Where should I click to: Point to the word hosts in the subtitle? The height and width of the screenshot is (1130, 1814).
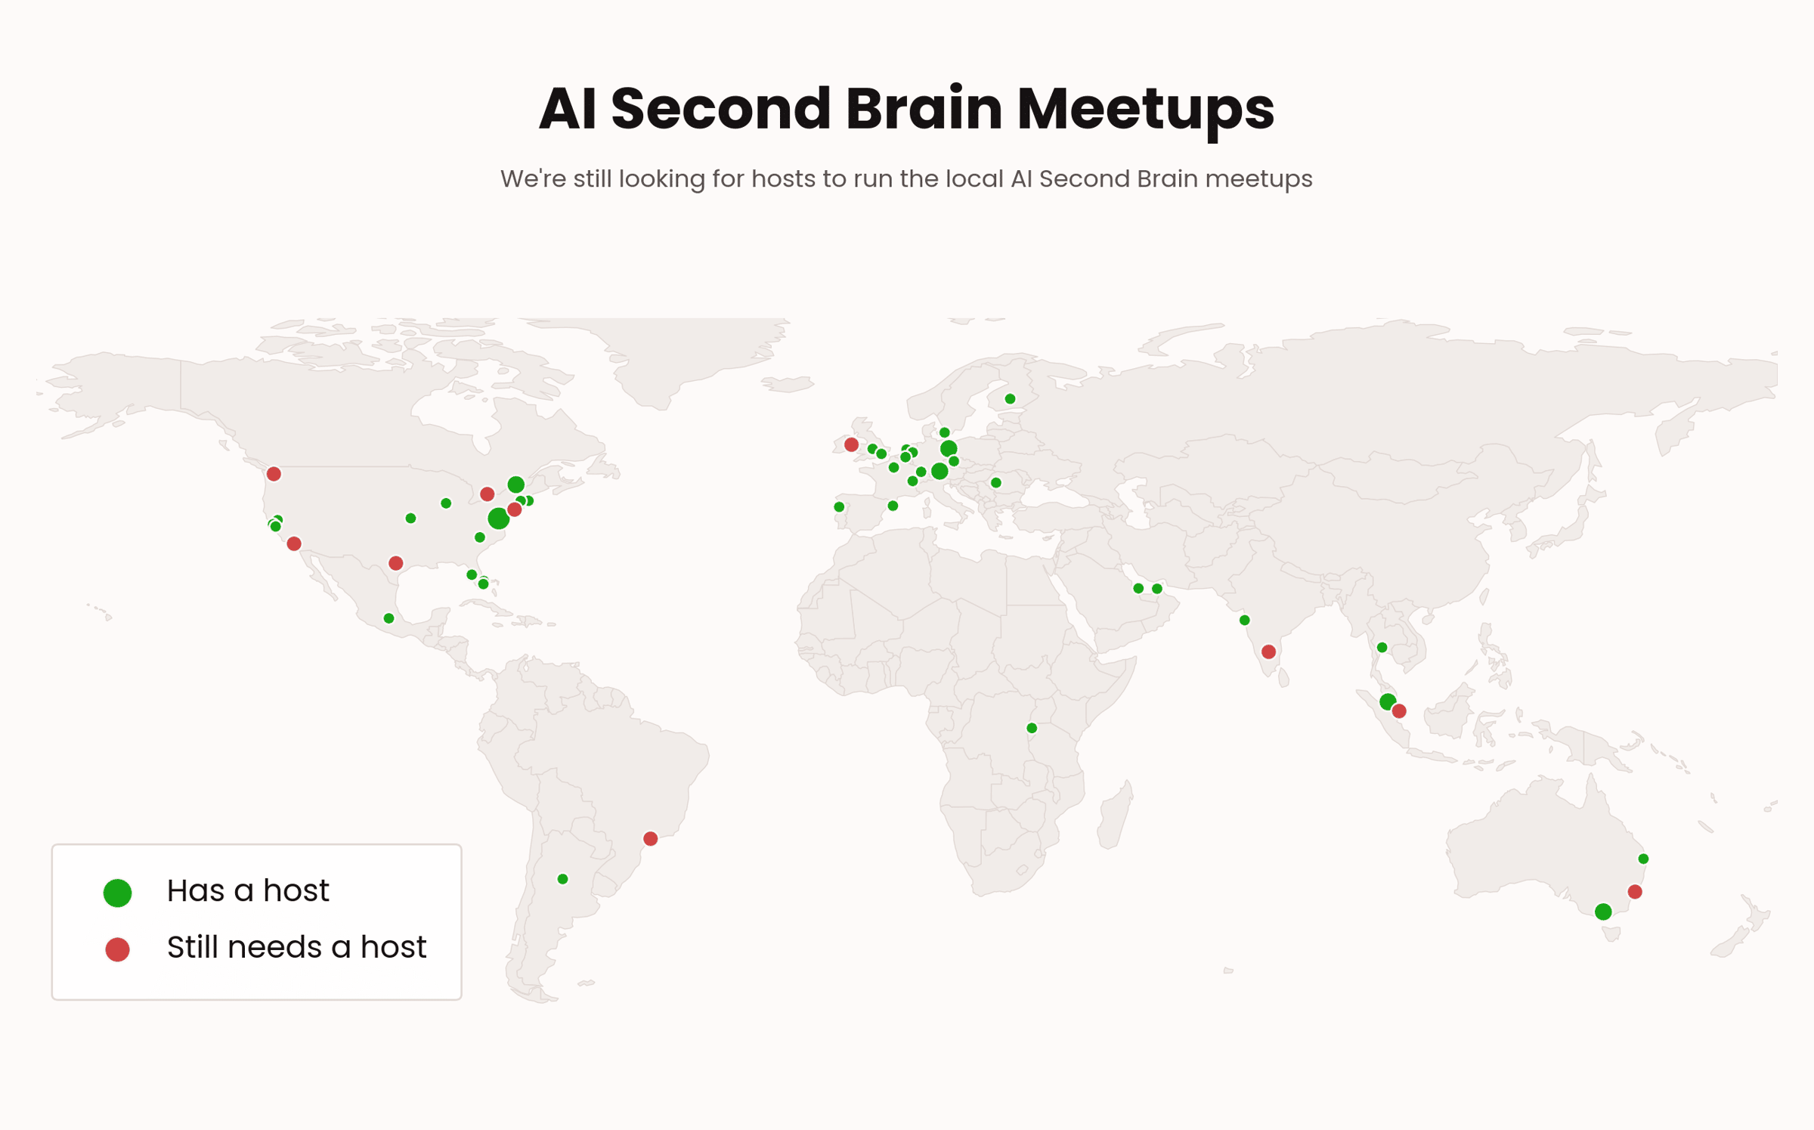click(x=783, y=178)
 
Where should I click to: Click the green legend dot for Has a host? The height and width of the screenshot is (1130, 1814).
click(x=117, y=893)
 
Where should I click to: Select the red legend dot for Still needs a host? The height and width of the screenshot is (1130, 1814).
click(x=117, y=949)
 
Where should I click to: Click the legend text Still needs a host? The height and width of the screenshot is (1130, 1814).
click(x=296, y=947)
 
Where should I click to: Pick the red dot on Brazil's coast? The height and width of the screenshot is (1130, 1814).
click(x=650, y=838)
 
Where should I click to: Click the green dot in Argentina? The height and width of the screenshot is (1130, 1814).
click(x=562, y=879)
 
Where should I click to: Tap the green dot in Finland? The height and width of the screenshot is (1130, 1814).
click(x=1010, y=398)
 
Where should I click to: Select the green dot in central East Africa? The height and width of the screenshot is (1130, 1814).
click(x=1032, y=728)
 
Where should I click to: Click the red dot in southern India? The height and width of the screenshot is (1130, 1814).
click(x=1268, y=652)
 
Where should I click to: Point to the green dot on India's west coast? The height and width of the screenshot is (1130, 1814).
click(x=1244, y=621)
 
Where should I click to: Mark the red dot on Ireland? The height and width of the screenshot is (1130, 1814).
click(x=851, y=444)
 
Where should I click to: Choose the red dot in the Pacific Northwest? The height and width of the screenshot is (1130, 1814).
click(x=274, y=474)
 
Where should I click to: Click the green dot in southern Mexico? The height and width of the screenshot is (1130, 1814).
click(x=388, y=618)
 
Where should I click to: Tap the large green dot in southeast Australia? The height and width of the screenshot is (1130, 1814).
click(x=1603, y=912)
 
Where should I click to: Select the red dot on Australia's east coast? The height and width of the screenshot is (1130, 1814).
click(x=1635, y=892)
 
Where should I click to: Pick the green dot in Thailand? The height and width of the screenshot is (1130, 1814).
click(x=1382, y=647)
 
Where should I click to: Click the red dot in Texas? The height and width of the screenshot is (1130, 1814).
click(x=395, y=563)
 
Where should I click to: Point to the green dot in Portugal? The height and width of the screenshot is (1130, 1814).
click(x=839, y=506)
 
